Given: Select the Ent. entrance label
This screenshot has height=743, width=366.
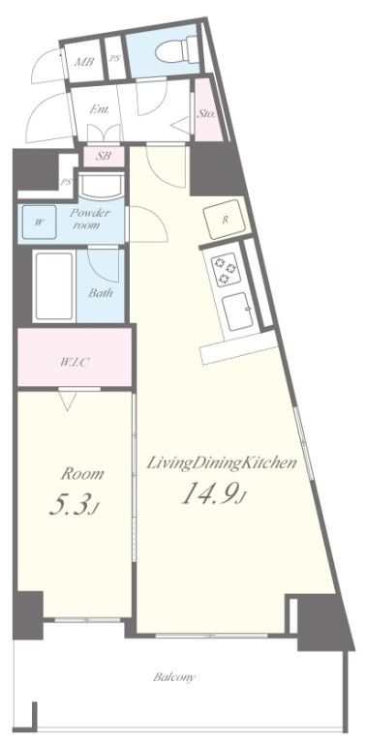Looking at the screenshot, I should click(x=99, y=109).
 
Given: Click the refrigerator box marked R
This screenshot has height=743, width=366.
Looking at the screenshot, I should click(x=226, y=220).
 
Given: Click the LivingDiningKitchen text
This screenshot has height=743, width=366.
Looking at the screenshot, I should click(x=220, y=463).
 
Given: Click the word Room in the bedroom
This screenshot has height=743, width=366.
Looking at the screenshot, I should click(x=82, y=474).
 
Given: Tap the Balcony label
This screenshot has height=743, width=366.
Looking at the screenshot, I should click(x=174, y=677).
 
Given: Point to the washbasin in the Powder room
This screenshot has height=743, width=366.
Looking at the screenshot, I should click(x=99, y=186).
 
